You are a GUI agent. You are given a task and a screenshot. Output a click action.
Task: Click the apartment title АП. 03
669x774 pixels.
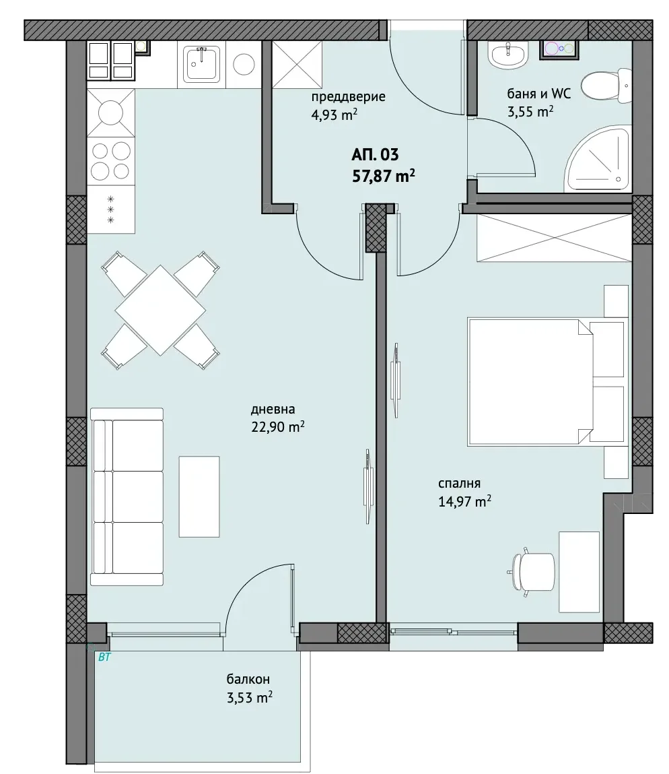(x=375, y=155)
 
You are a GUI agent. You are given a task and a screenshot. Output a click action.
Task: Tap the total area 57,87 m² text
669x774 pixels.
(x=384, y=176)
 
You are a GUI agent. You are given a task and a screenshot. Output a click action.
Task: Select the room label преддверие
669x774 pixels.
(x=348, y=96)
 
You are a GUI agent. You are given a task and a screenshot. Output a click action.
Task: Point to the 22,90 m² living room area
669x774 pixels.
(x=278, y=426)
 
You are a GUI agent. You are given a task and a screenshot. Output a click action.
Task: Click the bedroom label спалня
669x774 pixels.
(x=459, y=484)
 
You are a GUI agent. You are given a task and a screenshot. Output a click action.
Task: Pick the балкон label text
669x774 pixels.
(x=248, y=679)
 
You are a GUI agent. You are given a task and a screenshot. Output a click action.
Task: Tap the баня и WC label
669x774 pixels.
(x=538, y=93)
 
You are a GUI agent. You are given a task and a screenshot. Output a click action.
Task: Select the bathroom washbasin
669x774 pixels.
(x=508, y=54)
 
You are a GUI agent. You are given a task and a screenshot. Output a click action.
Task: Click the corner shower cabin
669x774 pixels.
(x=599, y=159)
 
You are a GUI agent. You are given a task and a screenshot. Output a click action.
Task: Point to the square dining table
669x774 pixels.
(x=160, y=311)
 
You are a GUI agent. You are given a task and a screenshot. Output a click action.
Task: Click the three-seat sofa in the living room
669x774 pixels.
(x=127, y=496)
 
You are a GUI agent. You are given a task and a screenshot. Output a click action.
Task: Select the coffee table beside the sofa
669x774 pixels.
(x=199, y=496)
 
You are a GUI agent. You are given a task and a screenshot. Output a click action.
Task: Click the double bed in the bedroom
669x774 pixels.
(x=546, y=382)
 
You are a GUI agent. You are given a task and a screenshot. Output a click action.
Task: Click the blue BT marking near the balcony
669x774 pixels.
(x=104, y=657)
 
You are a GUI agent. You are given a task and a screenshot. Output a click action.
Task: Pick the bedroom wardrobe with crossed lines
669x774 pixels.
(x=554, y=238)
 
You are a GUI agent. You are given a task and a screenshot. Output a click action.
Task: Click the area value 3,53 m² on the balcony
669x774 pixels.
(x=250, y=697)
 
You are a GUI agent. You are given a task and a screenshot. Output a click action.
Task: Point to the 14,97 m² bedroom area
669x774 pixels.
(x=465, y=502)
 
